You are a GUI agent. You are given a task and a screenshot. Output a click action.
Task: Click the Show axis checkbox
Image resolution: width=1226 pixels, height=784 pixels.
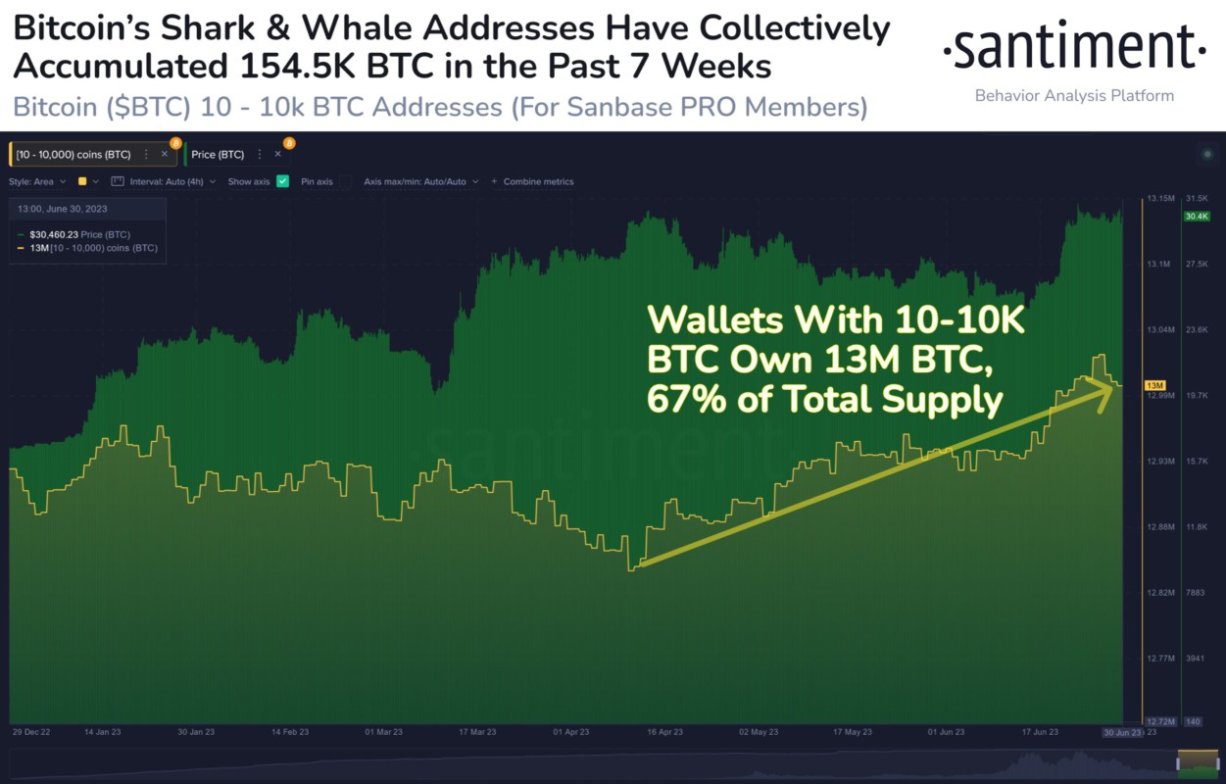(282, 181)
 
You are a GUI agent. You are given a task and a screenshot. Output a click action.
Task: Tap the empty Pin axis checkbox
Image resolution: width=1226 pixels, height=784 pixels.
(345, 181)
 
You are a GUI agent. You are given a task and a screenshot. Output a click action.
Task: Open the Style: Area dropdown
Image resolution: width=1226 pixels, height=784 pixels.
(37, 181)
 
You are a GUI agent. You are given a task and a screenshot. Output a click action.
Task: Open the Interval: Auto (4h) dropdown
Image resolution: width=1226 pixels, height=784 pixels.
(163, 181)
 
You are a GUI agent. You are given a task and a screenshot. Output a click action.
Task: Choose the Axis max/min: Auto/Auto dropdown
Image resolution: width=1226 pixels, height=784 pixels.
(420, 181)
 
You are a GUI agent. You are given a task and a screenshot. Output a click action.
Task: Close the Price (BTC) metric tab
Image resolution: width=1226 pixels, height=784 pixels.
(278, 154)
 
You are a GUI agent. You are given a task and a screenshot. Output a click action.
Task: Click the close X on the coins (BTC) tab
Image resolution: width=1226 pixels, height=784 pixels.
(165, 154)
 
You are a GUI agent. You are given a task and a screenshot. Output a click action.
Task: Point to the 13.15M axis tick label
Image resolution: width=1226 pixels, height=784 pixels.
(1160, 199)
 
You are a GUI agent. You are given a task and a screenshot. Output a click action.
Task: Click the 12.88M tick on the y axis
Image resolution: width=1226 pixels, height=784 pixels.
(1160, 527)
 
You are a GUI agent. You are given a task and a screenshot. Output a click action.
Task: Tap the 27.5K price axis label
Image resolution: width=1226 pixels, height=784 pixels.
(1197, 265)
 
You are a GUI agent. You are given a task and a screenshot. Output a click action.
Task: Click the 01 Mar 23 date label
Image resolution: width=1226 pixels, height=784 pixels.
(383, 732)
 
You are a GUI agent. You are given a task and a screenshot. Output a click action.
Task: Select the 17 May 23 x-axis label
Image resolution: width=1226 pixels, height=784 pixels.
(852, 732)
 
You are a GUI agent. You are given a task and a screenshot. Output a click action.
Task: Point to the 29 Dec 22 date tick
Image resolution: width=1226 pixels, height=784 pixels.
(31, 732)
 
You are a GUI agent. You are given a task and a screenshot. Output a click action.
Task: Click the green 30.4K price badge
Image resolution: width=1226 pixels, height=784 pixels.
(1197, 216)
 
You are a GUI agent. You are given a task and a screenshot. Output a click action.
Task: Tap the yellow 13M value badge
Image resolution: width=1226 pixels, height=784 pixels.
(1154, 385)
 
